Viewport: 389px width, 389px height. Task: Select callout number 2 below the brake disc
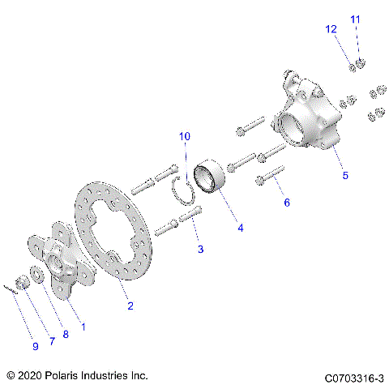click(x=130, y=306)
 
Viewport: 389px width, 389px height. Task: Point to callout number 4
click(x=241, y=228)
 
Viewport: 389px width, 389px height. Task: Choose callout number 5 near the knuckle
click(x=344, y=174)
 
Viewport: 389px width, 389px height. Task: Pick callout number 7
click(x=51, y=341)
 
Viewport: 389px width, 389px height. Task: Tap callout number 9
click(x=36, y=346)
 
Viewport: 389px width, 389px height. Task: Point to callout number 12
click(x=331, y=29)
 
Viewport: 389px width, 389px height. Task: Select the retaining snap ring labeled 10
click(x=186, y=192)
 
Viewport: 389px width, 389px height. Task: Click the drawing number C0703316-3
click(x=353, y=378)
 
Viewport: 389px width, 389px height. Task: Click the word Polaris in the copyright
click(x=67, y=376)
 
